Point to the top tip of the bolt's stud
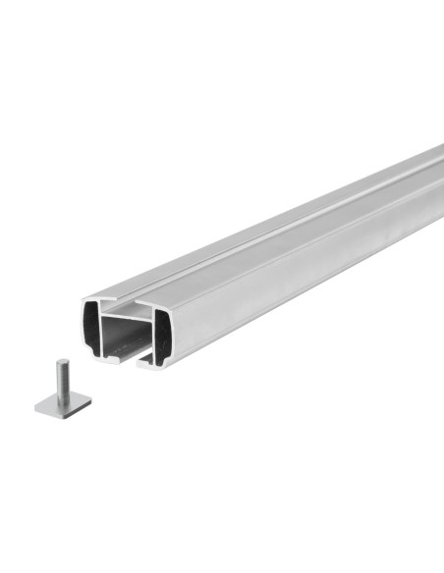60,363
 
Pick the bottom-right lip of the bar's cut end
147,363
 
